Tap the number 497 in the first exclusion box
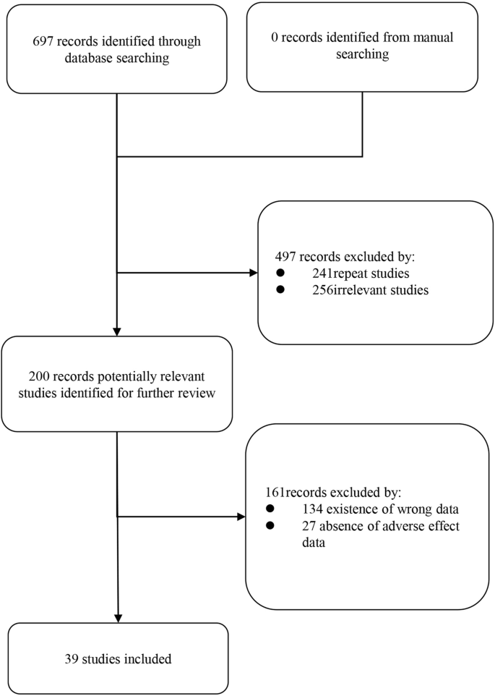point(285,257)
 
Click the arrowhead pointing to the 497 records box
point(252,273)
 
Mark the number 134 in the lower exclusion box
point(313,508)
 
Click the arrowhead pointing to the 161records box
point(241,517)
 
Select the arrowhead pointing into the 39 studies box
point(117,617)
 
